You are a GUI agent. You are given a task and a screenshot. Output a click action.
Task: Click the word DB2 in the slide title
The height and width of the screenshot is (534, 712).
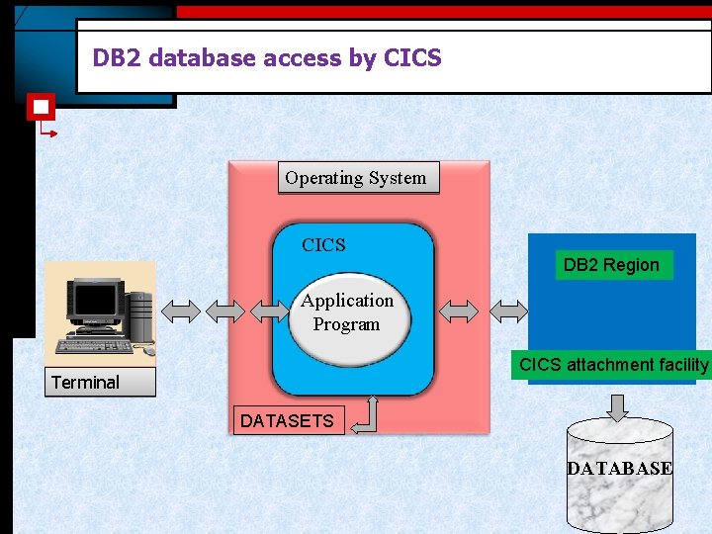click(x=114, y=58)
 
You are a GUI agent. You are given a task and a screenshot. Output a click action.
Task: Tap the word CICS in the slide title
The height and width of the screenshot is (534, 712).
click(x=411, y=58)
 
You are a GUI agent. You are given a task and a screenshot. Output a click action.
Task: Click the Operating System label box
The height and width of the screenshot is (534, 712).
click(x=356, y=178)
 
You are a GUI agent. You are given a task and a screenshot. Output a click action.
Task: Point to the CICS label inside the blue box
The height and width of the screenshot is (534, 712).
click(x=323, y=245)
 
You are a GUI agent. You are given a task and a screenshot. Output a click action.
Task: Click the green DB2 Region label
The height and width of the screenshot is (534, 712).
click(x=611, y=265)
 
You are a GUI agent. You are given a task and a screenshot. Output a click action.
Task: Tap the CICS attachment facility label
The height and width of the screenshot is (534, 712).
click(x=614, y=365)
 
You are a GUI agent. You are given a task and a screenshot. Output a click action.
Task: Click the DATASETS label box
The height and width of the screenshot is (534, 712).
click(x=287, y=421)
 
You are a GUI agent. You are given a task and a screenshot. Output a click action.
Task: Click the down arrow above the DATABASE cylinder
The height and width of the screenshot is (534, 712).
click(x=618, y=406)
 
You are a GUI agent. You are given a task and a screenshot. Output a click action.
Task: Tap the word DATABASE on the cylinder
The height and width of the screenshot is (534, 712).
click(x=620, y=469)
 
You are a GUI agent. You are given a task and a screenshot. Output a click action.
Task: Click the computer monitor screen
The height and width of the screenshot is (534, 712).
click(x=97, y=301)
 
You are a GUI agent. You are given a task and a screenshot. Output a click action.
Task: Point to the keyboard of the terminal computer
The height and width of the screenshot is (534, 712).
click(x=95, y=346)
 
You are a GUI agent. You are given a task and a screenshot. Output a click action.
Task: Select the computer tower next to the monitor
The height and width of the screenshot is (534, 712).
click(x=140, y=313)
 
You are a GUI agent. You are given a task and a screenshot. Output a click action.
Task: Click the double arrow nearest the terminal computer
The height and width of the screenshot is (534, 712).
click(x=181, y=311)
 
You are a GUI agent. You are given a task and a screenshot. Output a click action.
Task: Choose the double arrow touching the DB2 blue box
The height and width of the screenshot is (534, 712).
click(x=510, y=311)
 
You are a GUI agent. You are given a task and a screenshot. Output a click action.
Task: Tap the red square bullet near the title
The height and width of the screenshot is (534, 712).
click(x=41, y=106)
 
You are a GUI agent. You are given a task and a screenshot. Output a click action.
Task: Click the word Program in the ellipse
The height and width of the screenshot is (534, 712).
click(x=346, y=324)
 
